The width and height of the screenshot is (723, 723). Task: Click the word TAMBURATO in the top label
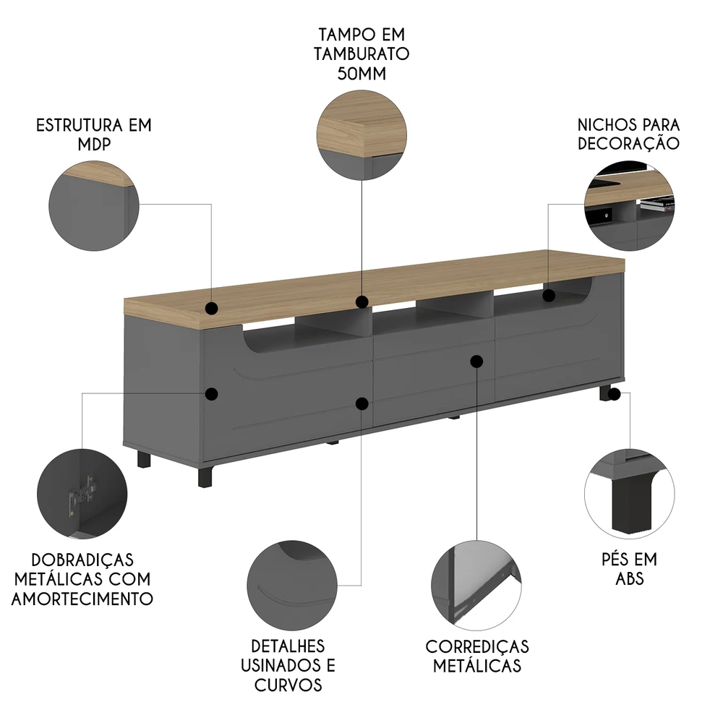361,54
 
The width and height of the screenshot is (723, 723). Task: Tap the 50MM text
361,74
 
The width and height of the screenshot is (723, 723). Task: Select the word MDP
94,145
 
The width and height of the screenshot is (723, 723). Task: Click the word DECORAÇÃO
628,143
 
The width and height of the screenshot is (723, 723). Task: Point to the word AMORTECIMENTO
82,599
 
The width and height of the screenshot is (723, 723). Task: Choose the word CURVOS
288,685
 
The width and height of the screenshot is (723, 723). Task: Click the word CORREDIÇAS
477,646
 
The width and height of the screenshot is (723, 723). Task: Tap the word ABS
630,578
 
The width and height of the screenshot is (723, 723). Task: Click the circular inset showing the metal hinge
82,494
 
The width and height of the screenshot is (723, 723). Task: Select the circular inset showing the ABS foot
630,494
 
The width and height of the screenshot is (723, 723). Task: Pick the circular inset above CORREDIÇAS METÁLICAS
476,586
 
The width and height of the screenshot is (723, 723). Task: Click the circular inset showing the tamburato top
362,135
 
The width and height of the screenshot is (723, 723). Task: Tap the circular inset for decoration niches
630,205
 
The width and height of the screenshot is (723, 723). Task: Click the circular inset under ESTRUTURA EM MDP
94,205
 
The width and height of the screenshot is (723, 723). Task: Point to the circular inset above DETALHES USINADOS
292,586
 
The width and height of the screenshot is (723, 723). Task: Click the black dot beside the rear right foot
614,394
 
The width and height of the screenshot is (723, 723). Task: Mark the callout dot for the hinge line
212,394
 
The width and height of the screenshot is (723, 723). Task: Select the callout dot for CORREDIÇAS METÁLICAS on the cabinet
476,361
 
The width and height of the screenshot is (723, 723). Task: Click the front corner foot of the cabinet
207,476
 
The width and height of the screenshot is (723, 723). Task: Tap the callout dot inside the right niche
549,296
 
